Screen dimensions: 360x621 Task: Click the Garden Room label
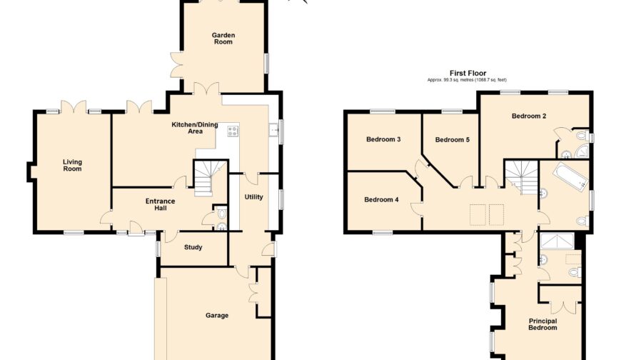click(x=223, y=39)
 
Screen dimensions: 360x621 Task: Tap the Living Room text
click(x=72, y=165)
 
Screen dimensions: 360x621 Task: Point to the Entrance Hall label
click(x=160, y=206)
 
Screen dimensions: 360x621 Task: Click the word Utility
click(x=253, y=196)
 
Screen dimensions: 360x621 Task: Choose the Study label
click(x=193, y=248)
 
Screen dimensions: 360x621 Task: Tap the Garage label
click(x=217, y=315)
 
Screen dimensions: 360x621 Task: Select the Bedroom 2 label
click(x=529, y=116)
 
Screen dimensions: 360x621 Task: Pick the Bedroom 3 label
click(x=383, y=139)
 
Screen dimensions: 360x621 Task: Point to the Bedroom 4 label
click(x=381, y=199)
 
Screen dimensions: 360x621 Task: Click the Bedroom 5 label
click(x=452, y=139)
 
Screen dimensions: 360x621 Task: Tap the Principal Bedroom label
click(x=542, y=324)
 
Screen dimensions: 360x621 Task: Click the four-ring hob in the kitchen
click(x=233, y=131)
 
